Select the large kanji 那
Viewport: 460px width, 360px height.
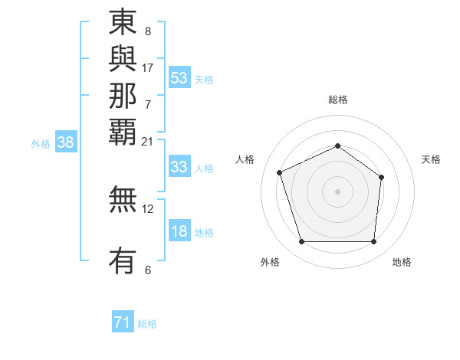pyautogui.click(x=123, y=96)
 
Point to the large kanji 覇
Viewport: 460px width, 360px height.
pyautogui.click(x=123, y=131)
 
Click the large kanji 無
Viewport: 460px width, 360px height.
pyautogui.click(x=123, y=201)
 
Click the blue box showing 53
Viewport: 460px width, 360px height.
pyautogui.click(x=179, y=78)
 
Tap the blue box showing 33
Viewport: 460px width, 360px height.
pyautogui.click(x=179, y=167)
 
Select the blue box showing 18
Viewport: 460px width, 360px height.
pyautogui.click(x=179, y=232)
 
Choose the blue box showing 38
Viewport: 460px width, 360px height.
pyautogui.click(x=66, y=142)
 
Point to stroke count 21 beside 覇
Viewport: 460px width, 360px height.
pyautogui.click(x=147, y=141)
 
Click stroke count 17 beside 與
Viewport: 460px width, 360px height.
pyautogui.click(x=147, y=67)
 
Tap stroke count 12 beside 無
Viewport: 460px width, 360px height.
pyautogui.click(x=147, y=208)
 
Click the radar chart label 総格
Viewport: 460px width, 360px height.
pyautogui.click(x=337, y=100)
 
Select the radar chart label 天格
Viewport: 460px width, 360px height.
pyautogui.click(x=431, y=159)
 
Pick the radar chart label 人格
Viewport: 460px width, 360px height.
pyautogui.click(x=245, y=159)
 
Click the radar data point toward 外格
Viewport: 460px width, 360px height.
pyautogui.click(x=301, y=242)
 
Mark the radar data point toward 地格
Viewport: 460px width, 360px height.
pyautogui.click(x=374, y=242)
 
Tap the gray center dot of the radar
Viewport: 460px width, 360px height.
pyautogui.click(x=337, y=191)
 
